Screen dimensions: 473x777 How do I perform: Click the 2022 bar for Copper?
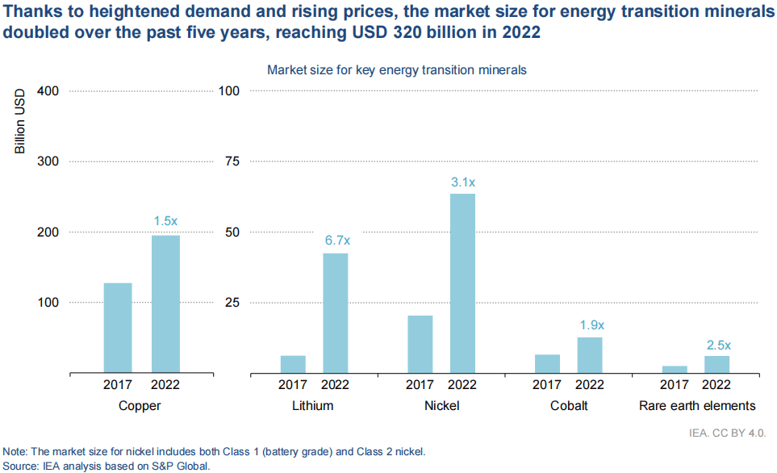[165, 304]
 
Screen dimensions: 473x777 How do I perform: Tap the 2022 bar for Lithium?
[335, 313]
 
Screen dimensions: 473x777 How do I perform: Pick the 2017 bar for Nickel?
[420, 344]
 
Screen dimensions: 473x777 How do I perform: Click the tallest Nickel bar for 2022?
[462, 283]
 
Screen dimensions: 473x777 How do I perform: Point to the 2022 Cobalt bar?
[590, 355]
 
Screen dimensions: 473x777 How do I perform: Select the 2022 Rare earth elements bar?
[716, 364]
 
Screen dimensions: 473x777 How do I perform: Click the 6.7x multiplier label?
[336, 240]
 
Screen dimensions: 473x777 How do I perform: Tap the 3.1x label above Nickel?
[462, 182]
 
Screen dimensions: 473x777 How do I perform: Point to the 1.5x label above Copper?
[165, 220]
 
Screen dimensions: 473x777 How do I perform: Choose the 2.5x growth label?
[717, 345]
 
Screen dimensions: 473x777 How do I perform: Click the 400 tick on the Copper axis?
[48, 90]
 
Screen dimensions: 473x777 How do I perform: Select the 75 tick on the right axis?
[232, 161]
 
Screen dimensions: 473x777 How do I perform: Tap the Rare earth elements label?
[697, 406]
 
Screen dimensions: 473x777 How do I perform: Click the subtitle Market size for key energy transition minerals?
[396, 70]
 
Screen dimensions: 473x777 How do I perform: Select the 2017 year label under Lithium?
[293, 385]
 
